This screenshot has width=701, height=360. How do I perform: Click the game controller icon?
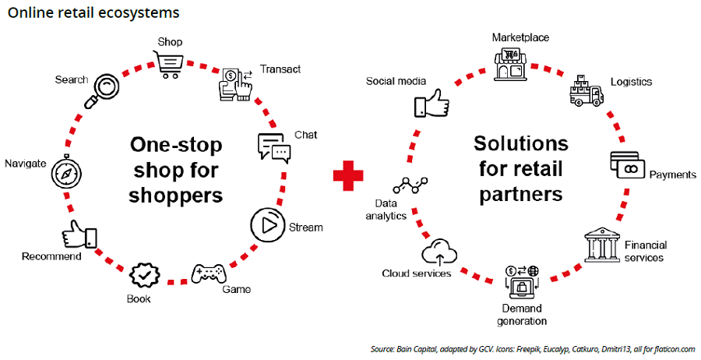click(x=209, y=273)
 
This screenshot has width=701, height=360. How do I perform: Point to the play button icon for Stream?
click(x=266, y=226)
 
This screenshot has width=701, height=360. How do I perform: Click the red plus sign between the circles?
click(x=348, y=176)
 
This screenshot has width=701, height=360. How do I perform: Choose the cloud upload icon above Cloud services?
click(x=437, y=252)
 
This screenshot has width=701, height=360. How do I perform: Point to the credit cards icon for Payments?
click(x=628, y=165)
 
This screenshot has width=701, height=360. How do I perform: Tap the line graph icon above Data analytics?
click(x=410, y=185)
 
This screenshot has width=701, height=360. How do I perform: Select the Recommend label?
click(x=51, y=256)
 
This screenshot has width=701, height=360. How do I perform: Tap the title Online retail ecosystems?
click(x=93, y=12)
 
